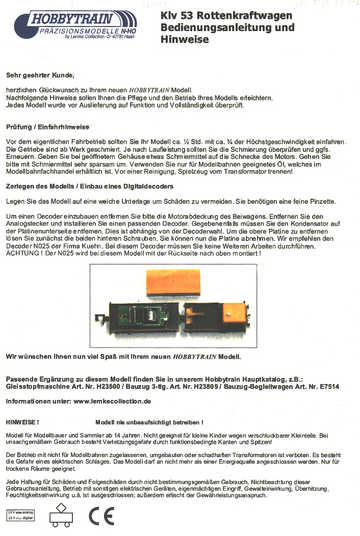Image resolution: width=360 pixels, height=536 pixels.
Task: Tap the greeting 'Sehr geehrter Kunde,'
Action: [x=40, y=75]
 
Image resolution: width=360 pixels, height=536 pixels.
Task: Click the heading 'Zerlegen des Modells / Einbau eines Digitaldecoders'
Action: [x=90, y=186]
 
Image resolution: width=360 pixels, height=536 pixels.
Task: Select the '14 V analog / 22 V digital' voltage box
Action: [x=19, y=514]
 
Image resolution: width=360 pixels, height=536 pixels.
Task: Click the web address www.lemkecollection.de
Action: [x=113, y=401]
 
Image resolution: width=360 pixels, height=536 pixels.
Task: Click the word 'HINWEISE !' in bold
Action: [x=22, y=422]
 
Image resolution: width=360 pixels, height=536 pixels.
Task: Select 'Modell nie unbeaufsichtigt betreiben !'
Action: [x=149, y=422]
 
